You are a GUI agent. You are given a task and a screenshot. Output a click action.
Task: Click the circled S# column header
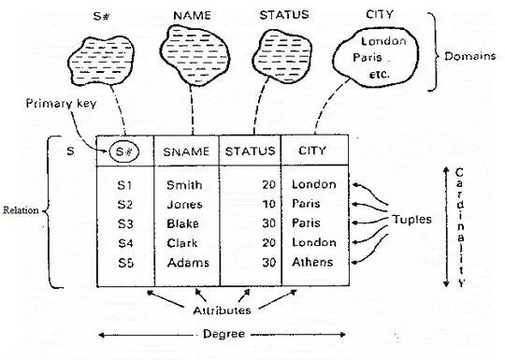[124, 151]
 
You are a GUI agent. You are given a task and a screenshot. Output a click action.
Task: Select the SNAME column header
[186, 151]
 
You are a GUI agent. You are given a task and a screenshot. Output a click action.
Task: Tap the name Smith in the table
[184, 185]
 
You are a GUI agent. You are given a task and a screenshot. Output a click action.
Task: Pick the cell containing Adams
[188, 263]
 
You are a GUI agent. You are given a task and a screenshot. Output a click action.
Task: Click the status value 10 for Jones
[268, 204]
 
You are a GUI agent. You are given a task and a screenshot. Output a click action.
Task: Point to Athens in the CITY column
[312, 262]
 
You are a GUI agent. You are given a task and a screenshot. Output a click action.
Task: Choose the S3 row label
[125, 223]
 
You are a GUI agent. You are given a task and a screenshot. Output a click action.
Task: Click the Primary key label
[61, 104]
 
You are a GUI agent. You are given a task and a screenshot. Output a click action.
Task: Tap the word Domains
[469, 56]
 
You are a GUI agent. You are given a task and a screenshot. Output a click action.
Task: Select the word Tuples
[411, 220]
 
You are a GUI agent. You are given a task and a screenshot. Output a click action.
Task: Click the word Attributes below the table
[222, 310]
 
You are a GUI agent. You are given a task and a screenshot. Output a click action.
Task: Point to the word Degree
[224, 334]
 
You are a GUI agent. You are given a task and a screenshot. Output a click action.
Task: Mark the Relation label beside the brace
[21, 210]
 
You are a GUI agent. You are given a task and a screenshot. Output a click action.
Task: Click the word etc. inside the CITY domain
[379, 75]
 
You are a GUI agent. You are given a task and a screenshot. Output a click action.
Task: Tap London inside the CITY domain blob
[383, 41]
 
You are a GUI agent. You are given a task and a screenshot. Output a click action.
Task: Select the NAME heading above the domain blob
[192, 16]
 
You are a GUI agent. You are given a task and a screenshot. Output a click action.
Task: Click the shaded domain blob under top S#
[101, 61]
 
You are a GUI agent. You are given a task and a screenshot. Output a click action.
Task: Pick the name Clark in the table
[182, 243]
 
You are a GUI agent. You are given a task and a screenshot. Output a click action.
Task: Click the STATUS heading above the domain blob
[284, 15]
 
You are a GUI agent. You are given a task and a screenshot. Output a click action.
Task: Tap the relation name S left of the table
[70, 151]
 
